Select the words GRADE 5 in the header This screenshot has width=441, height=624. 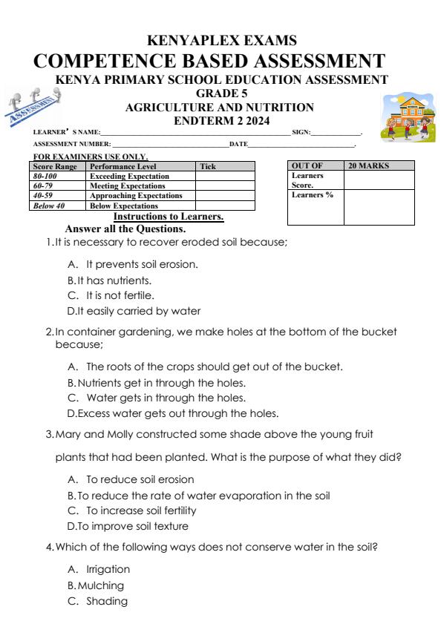click(x=220, y=94)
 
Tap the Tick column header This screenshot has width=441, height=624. click(x=209, y=167)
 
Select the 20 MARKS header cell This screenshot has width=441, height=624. click(x=369, y=166)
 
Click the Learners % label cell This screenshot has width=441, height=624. click(x=313, y=195)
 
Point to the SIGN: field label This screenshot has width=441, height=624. click(x=301, y=132)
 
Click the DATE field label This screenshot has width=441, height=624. click(x=238, y=143)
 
